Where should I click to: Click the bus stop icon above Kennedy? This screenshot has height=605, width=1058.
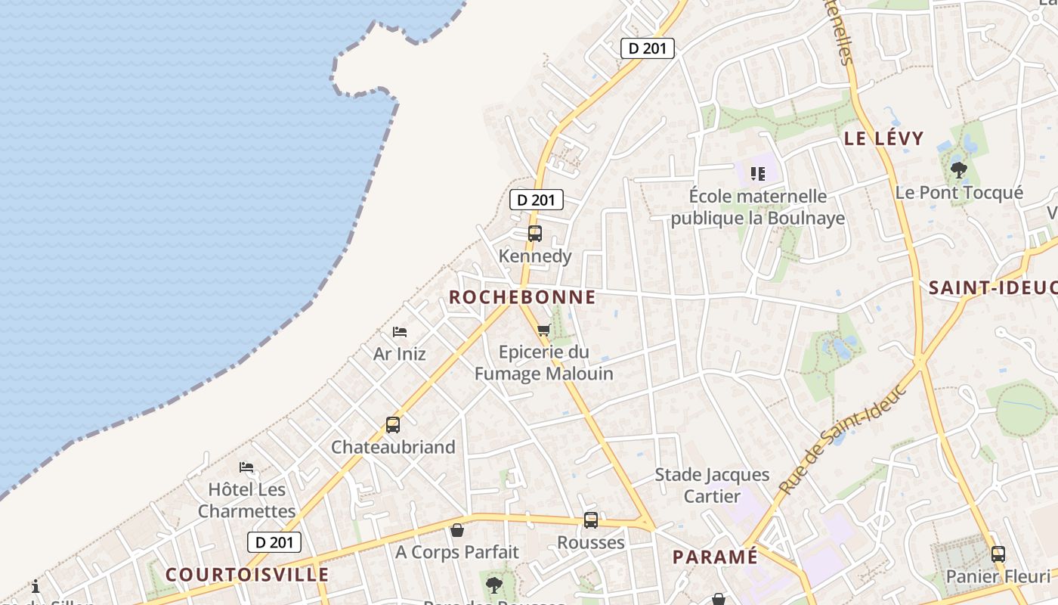535,234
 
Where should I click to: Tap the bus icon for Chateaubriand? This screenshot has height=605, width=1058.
393,425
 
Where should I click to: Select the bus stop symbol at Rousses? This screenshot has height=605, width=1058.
591,520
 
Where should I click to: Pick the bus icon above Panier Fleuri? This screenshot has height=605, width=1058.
998,554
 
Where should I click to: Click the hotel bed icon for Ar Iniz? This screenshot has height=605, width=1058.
400,332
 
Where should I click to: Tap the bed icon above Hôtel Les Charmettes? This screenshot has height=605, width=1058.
246,467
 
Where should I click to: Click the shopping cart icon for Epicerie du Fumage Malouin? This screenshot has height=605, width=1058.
543,330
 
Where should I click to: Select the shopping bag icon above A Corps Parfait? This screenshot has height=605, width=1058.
457,530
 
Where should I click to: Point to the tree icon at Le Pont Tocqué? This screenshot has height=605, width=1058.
959,170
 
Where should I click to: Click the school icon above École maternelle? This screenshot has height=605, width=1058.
758,174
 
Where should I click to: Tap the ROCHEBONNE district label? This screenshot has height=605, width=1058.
523,297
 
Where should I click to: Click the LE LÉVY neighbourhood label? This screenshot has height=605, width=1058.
884,138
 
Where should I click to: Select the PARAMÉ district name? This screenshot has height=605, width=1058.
715,557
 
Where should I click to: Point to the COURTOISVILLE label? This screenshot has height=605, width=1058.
247,575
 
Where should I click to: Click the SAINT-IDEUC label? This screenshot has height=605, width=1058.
992,288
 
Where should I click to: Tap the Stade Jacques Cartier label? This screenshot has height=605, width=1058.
712,486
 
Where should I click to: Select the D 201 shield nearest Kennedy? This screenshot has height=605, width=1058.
537,200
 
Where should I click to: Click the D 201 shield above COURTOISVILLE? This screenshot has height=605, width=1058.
274,541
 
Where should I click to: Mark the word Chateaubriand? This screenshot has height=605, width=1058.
393,447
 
